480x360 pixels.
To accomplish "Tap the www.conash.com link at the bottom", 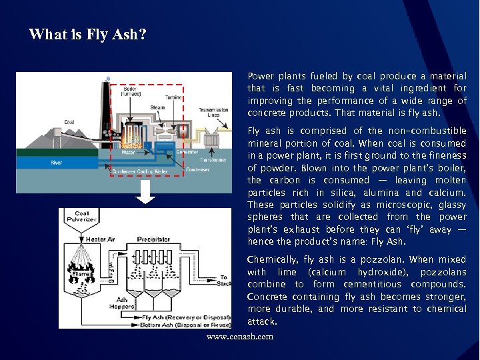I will tap(239, 337).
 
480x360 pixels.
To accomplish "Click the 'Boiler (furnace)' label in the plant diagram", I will tap(131, 92).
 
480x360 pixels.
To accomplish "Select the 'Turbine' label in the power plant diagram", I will tap(174, 97).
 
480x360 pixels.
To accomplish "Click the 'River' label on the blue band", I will tap(57, 163).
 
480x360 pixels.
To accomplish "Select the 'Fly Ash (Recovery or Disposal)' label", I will tap(184, 317).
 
